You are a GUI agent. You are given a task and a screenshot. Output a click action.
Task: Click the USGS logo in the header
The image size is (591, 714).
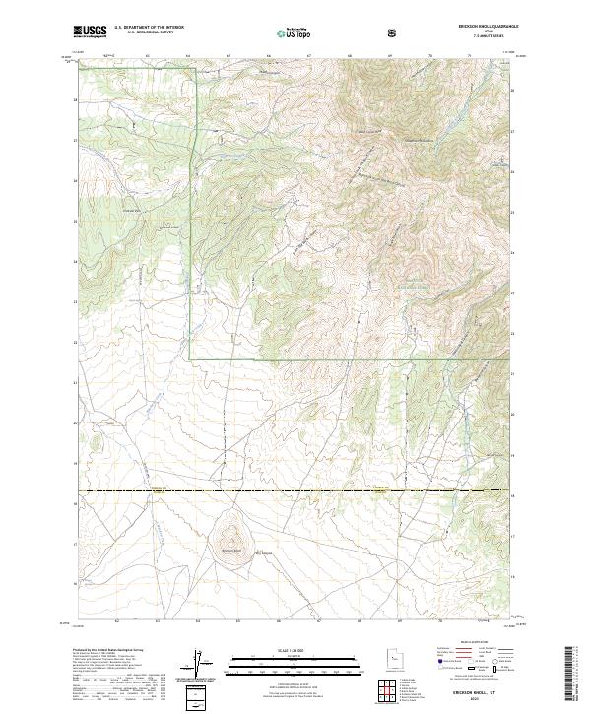[x=91, y=32]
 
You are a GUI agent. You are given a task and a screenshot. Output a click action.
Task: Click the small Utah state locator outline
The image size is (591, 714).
[x=392, y=654]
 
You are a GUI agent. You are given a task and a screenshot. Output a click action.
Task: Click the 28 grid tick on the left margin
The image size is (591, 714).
[x=74, y=99]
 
